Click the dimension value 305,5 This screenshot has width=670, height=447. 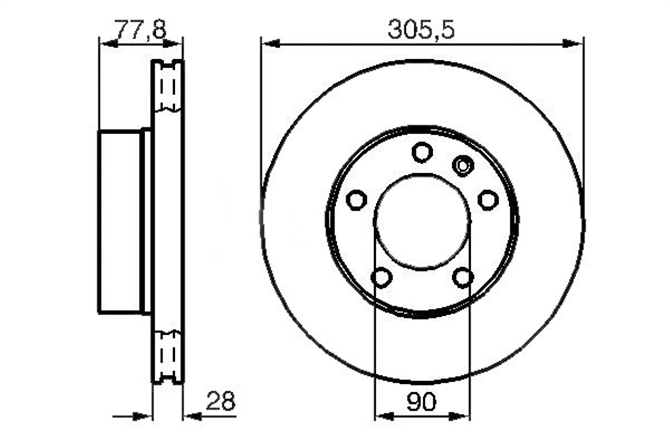click(x=421, y=30)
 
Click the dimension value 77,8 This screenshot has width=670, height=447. click(x=141, y=29)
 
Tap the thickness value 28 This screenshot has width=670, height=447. click(x=221, y=401)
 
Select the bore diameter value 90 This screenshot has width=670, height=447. click(x=422, y=402)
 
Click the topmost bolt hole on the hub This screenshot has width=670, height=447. click(x=422, y=153)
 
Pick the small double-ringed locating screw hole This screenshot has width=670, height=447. click(x=463, y=165)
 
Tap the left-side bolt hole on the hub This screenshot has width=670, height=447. click(x=357, y=199)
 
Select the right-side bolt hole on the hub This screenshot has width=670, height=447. click(x=488, y=199)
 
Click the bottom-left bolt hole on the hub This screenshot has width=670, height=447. click(x=382, y=278)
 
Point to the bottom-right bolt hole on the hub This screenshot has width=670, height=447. click(x=463, y=278)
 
